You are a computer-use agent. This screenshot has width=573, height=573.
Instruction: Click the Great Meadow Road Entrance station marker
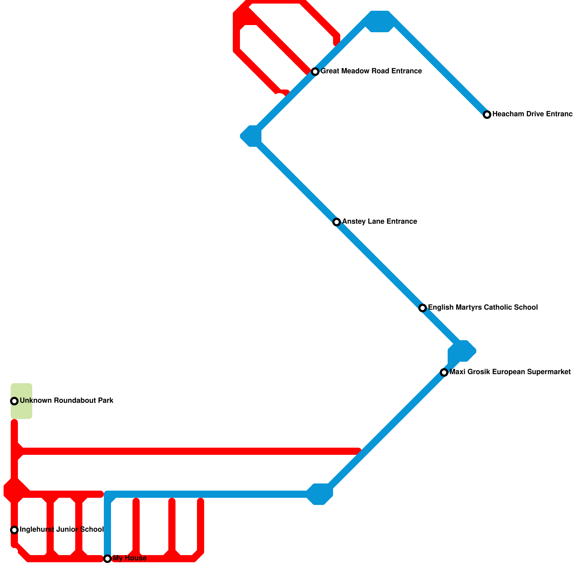point(315,72)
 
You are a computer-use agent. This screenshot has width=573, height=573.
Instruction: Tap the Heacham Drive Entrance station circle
point(487,115)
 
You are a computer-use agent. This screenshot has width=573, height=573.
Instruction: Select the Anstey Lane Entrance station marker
point(337,222)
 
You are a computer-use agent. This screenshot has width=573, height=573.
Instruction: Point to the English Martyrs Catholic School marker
point(423,308)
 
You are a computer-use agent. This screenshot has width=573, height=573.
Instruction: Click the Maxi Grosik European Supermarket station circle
point(444,372)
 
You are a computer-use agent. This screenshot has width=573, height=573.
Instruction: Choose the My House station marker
point(107,559)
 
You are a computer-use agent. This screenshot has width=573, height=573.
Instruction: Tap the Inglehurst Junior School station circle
point(14,530)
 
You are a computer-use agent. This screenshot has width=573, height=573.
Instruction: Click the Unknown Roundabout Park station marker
point(14,401)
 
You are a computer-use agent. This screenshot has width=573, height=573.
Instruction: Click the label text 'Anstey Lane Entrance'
point(380,222)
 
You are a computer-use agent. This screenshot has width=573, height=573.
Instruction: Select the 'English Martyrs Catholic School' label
point(483,308)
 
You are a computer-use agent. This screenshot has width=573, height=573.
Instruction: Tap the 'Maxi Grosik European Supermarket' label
point(510,372)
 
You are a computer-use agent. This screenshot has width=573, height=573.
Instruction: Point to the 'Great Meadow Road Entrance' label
point(371,71)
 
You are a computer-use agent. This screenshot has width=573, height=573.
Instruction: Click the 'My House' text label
point(130,558)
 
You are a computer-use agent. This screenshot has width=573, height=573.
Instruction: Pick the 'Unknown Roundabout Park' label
point(67,401)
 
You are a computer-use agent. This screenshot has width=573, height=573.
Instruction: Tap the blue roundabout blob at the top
point(380,21)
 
